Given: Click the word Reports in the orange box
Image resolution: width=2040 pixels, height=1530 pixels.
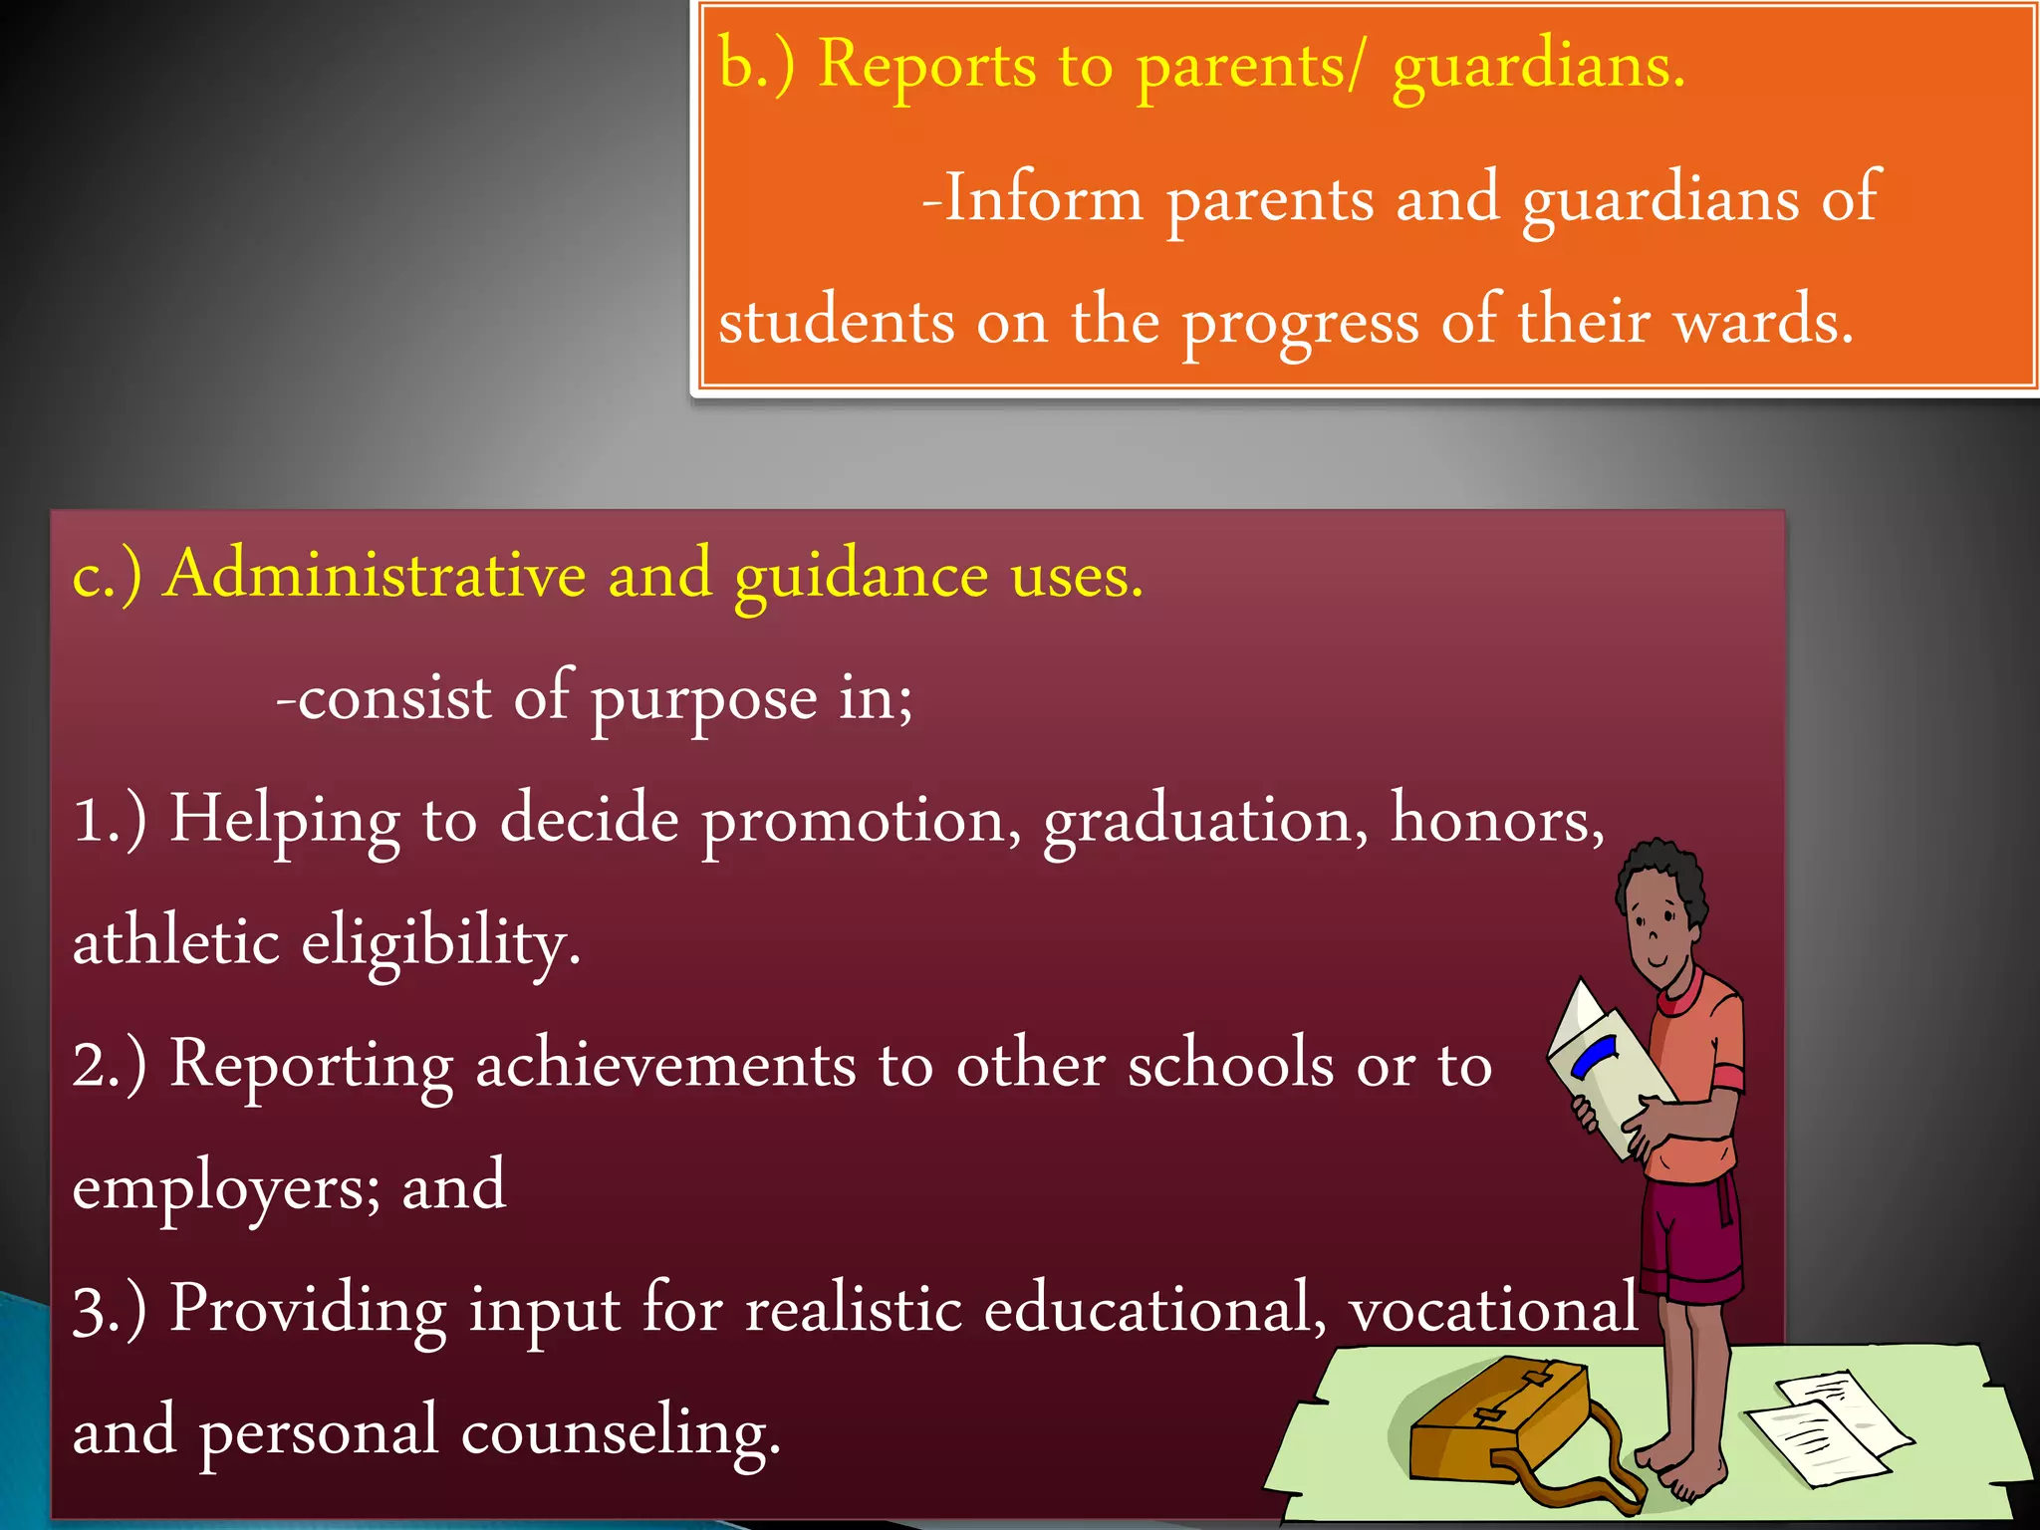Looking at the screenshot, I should (926, 66).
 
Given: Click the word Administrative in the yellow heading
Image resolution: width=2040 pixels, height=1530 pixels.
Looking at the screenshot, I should (376, 575).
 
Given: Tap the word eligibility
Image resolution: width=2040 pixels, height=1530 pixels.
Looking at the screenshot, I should (439, 943).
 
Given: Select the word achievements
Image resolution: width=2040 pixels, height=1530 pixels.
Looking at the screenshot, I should (665, 1065).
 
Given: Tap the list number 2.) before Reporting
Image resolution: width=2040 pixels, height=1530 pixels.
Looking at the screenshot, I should (110, 1065).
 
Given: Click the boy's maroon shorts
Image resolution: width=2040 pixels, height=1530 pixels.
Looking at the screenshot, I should (1689, 1240).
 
